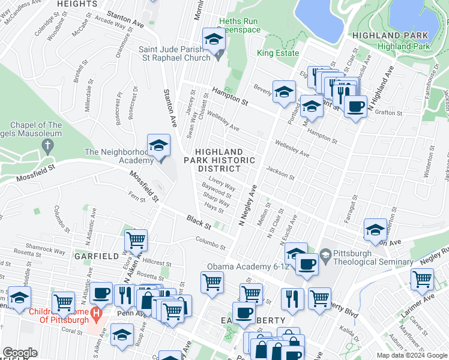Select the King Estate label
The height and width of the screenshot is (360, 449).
coord(278,53)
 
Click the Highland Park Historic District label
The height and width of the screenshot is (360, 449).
coord(227,160)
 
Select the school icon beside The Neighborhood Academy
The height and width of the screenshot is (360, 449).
coord(158,146)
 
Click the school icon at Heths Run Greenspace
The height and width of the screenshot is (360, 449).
coord(212,41)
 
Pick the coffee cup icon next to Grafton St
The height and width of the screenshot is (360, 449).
coord(355,107)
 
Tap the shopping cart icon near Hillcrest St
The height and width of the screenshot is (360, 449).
coord(136,241)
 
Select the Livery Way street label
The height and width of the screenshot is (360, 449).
coord(222,183)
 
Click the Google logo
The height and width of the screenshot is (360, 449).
coord(20,353)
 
